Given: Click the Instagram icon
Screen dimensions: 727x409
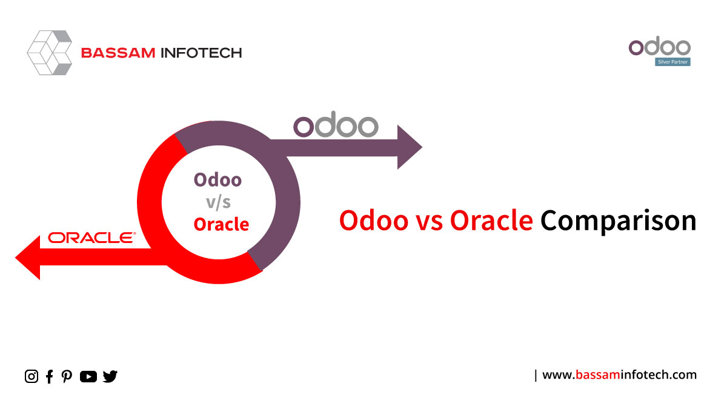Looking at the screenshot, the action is (x=32, y=376).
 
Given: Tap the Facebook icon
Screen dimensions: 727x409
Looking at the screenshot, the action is (x=49, y=376).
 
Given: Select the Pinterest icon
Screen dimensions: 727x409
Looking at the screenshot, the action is (x=67, y=376).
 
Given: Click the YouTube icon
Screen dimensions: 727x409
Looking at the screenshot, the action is (x=88, y=376).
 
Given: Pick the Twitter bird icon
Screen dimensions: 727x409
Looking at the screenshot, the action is (x=110, y=376).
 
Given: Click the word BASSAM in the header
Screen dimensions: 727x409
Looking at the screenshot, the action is (x=118, y=53).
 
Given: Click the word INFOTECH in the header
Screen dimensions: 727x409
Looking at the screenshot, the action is (x=202, y=53).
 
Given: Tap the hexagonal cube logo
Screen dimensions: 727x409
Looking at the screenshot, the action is (x=50, y=53).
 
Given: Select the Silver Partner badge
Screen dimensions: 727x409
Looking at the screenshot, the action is (x=672, y=62).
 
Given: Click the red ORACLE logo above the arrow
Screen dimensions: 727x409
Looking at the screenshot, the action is (x=92, y=238).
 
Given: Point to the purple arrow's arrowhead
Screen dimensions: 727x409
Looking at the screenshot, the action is (x=410, y=147).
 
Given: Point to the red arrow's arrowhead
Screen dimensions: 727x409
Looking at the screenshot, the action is (x=28, y=258).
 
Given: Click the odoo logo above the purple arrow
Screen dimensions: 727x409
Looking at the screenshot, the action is (x=336, y=124).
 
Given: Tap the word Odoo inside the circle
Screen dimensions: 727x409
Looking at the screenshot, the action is (x=217, y=180).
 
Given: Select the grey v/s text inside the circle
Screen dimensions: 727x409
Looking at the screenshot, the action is (x=219, y=202).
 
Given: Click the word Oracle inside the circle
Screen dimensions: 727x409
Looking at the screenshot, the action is (x=221, y=224).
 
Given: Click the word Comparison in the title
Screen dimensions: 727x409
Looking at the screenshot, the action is (x=619, y=221).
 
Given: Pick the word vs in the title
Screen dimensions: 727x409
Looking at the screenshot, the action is (x=430, y=222).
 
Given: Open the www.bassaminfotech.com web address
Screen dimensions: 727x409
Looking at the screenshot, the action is (x=619, y=375).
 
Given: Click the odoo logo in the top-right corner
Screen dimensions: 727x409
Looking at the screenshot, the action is (x=660, y=46).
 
